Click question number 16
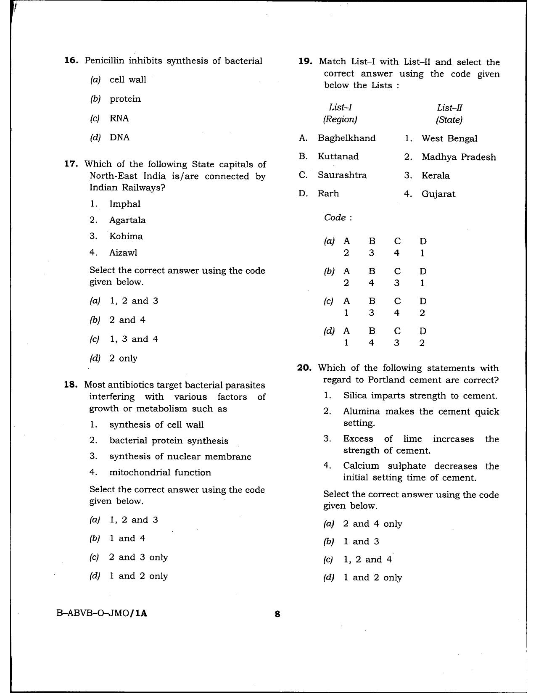71,61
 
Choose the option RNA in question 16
119,118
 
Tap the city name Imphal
125,204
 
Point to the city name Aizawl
123,253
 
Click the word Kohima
126,236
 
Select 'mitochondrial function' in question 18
160,472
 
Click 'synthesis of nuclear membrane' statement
180,457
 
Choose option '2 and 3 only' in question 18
138,557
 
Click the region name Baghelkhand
346,138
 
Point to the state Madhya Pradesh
458,157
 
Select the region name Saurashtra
342,175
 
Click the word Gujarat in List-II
438,194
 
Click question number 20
304,368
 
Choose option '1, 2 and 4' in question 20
367,559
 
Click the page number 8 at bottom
277,614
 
